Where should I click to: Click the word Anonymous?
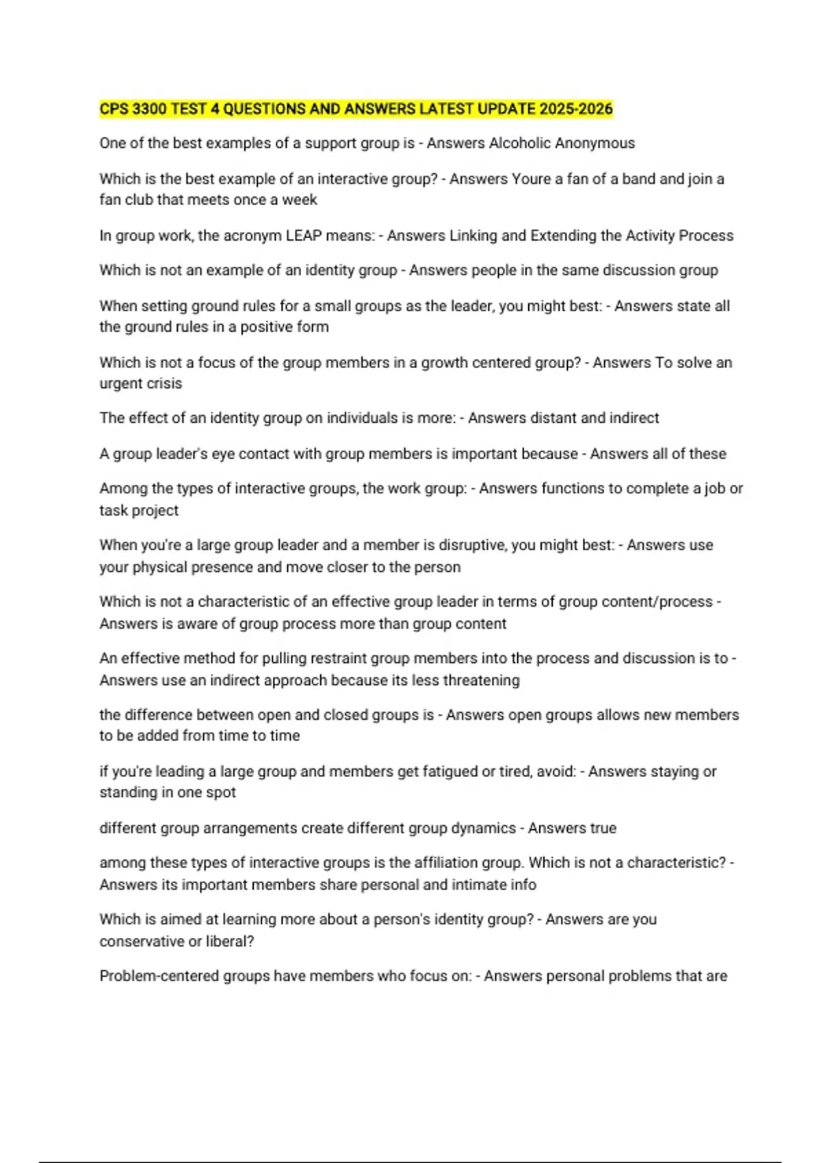click(595, 143)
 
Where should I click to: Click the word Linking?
click(473, 235)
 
